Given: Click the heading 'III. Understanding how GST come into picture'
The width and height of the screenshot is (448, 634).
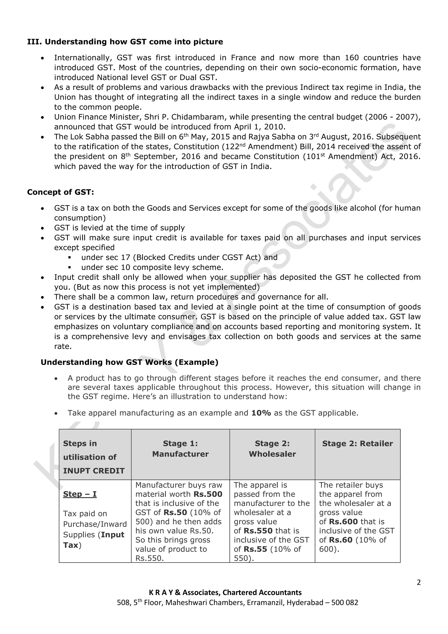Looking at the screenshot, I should pos(125,42).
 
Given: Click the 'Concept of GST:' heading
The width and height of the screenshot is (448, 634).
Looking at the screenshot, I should pos(60,192).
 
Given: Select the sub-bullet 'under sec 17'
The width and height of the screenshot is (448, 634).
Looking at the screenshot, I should pos(179,257).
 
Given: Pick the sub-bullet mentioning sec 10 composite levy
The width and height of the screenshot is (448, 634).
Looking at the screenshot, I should pos(152,267).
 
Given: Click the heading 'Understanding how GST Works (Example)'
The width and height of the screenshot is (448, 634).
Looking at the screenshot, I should pos(129,362).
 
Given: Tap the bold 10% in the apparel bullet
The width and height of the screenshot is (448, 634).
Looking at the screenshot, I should pos(261,413).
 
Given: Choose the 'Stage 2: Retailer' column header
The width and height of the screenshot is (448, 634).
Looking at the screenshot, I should pos(357,444).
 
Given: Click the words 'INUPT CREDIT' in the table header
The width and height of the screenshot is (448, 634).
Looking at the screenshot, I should pos(94,471).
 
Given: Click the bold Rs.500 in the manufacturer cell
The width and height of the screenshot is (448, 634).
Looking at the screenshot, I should pos(208,494).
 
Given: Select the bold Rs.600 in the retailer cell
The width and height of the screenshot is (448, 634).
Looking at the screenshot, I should pos(343,522).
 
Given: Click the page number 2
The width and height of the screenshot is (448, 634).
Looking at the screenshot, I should pos(418,582).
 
